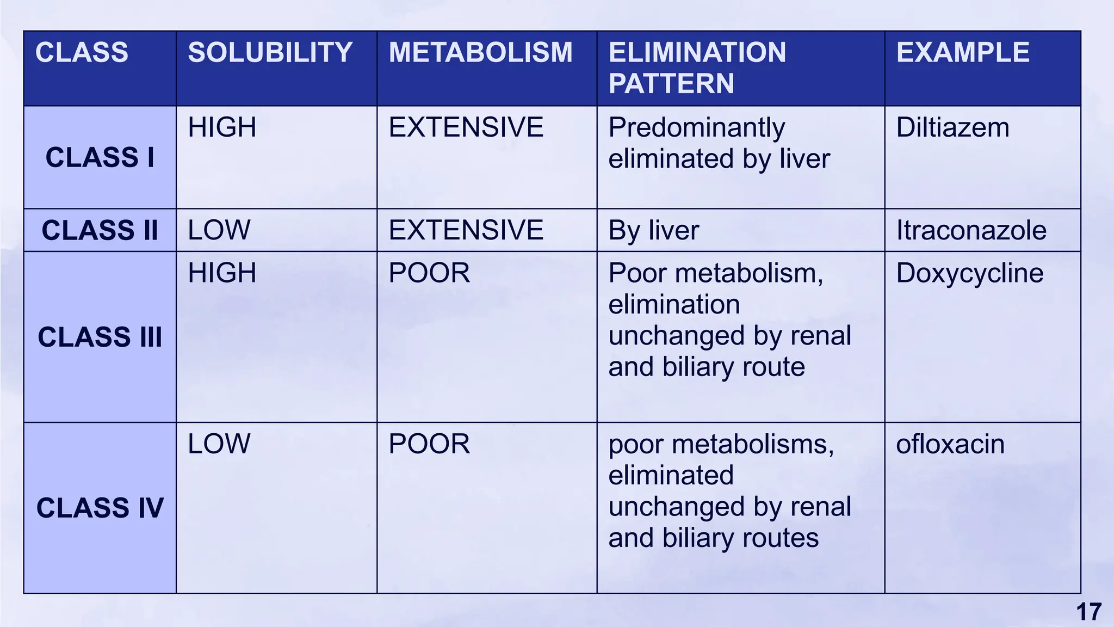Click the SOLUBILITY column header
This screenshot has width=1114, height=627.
pos(270,53)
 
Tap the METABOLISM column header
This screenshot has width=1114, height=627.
pos(480,53)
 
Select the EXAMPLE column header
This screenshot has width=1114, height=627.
pos(962,53)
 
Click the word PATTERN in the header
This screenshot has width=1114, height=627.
pos(671,84)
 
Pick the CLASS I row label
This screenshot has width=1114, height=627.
pos(100,157)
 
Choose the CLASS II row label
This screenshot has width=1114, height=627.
pos(100,230)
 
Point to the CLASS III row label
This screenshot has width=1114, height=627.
pos(100,337)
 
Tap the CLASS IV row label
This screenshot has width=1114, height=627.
pos(100,508)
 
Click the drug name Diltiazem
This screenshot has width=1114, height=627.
pos(952,128)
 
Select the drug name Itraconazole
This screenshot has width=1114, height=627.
pos(971,230)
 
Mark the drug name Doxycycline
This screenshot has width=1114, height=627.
pos(969,273)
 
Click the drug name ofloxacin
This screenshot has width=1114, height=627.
pos(950,444)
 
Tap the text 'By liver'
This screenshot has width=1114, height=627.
pos(653,230)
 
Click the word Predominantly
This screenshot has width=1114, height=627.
pos(696,128)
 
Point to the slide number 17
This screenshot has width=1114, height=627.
pos(1088,612)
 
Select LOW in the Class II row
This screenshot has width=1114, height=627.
pos(219,230)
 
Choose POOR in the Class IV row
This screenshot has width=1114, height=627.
pos(429,444)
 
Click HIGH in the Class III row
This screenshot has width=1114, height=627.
pos(222,273)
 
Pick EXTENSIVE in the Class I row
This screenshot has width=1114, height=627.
pos(466,128)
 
